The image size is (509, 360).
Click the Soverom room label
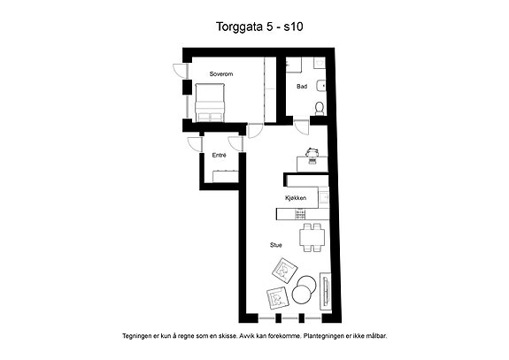pos(221,74)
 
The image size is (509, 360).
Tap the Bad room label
pos(302,87)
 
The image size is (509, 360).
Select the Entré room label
pos(220,156)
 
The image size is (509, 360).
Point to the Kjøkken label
pos(296,198)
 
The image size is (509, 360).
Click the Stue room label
pos(276,245)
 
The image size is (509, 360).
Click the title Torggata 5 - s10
pos(259,27)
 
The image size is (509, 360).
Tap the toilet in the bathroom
pos(320,109)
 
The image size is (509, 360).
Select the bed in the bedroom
pos(210,103)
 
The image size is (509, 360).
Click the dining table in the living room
pos(312,237)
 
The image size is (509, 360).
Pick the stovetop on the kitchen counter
pos(300,214)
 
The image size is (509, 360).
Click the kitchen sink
pos(324,197)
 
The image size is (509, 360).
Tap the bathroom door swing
pos(301,127)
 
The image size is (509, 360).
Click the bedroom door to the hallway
pos(255,131)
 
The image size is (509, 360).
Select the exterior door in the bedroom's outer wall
pos(181,72)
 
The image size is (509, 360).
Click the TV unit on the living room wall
pos(326,292)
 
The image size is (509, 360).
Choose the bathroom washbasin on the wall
pos(321,85)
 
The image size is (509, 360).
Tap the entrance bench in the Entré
pos(226,176)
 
